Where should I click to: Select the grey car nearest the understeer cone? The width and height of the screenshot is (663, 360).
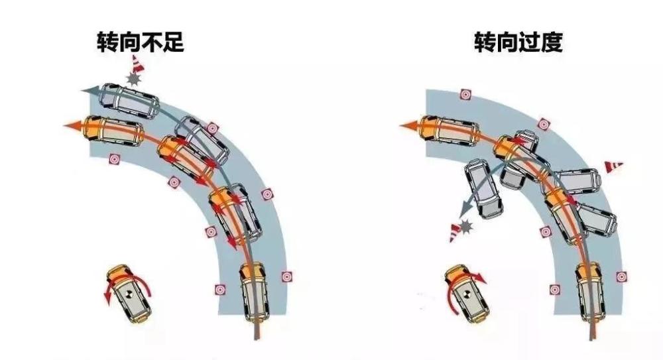click(x=130, y=100)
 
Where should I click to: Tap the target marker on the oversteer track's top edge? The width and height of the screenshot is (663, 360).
click(x=465, y=94)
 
